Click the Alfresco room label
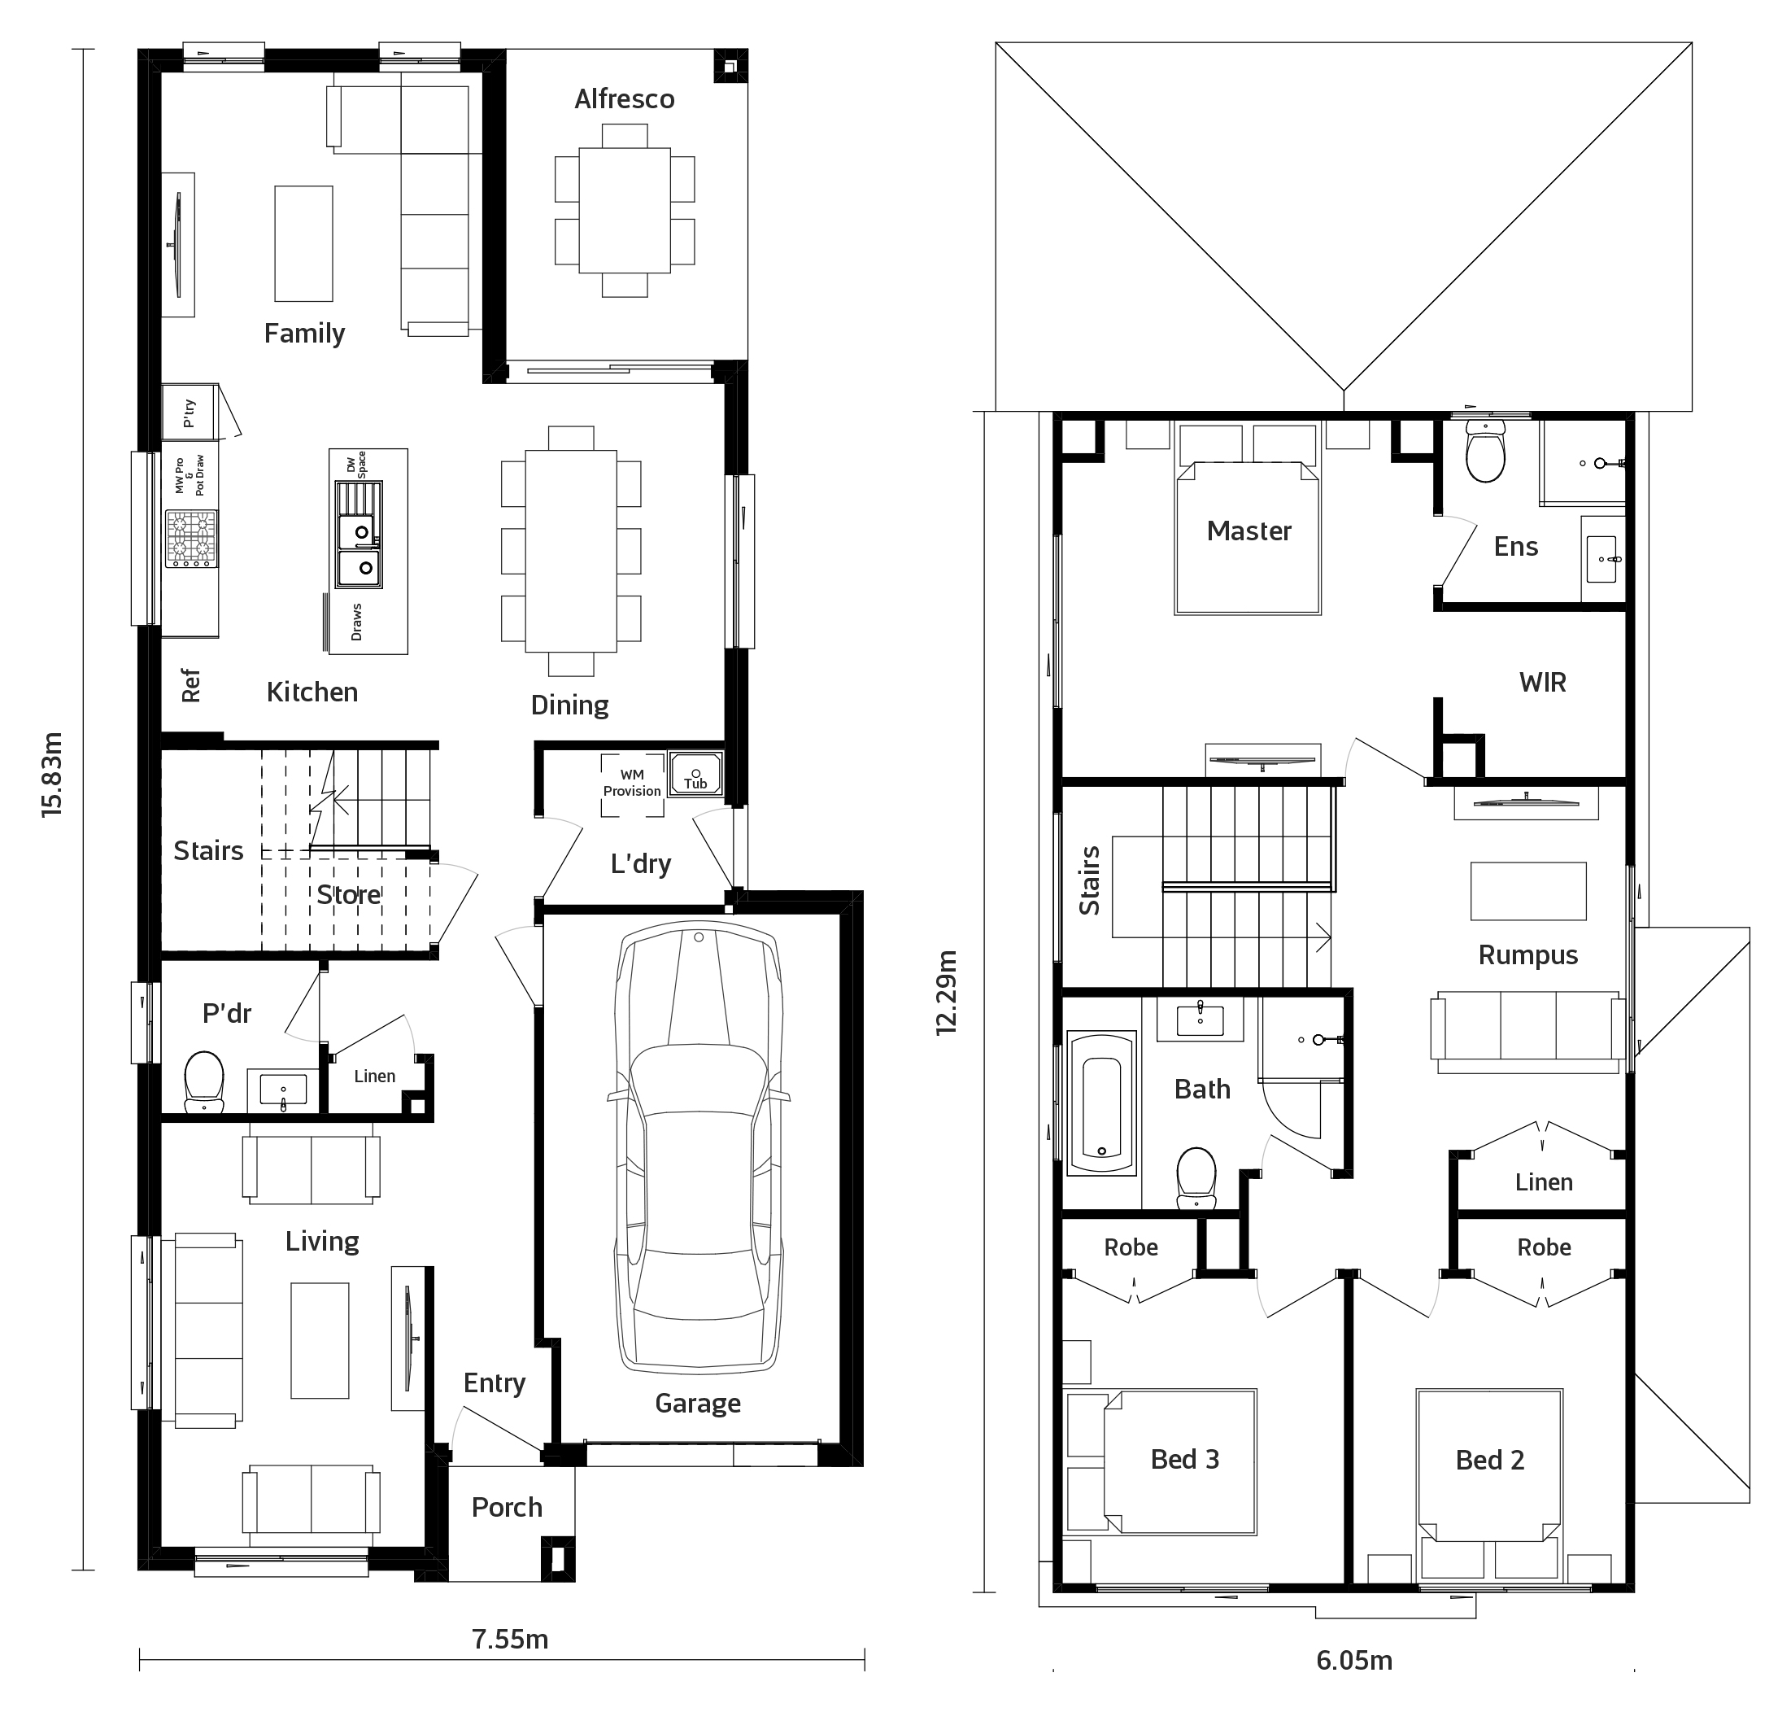[x=624, y=98]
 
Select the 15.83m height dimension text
[x=53, y=773]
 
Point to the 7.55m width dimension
[x=510, y=1639]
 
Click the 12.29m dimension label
[x=947, y=992]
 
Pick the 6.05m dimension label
[x=1354, y=1660]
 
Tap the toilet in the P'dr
[x=204, y=1081]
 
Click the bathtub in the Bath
[x=1102, y=1103]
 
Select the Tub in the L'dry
[x=695, y=774]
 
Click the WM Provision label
[x=631, y=783]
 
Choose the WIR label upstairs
[x=1543, y=682]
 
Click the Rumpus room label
[x=1528, y=955]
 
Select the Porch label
[x=508, y=1507]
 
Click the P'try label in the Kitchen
[x=189, y=413]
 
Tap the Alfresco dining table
[x=625, y=210]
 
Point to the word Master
[x=1249, y=531]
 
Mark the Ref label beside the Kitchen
[x=190, y=685]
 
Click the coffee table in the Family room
[x=304, y=243]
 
